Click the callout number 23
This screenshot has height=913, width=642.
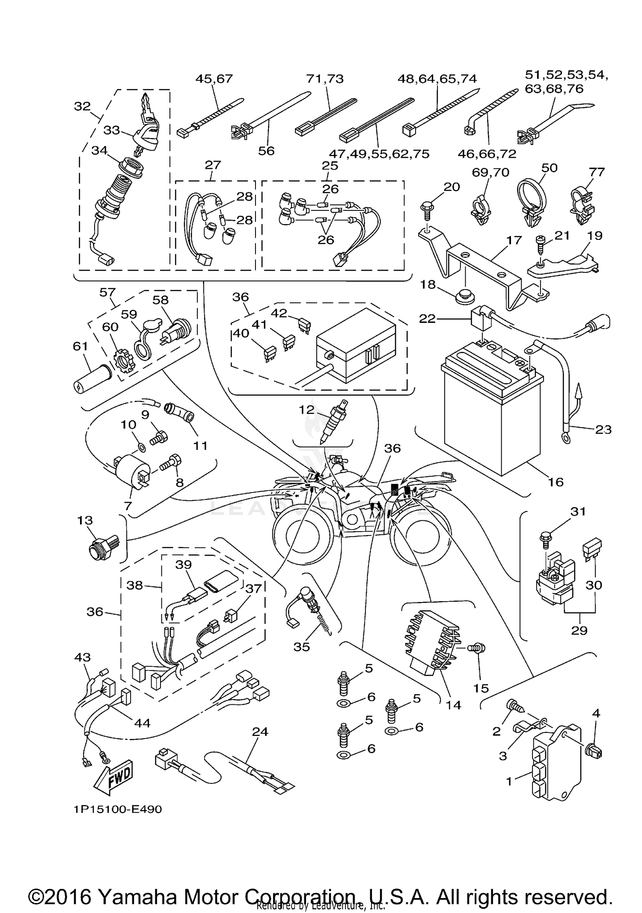coord(603,429)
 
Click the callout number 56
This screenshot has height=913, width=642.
coord(266,151)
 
